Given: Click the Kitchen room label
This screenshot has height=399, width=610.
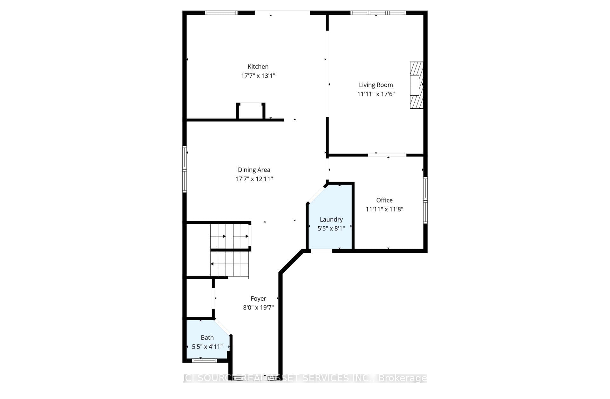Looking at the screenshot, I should point(258,67).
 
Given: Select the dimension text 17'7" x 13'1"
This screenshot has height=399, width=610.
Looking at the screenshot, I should point(258,76).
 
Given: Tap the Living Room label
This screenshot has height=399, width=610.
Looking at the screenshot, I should point(376,85).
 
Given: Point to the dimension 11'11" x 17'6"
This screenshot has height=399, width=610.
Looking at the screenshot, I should point(376,94).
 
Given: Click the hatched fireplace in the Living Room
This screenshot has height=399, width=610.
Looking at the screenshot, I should point(417,85).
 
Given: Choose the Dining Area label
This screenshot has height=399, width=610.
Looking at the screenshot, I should point(254,170).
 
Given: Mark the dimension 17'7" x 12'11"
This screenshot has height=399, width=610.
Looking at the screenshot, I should point(254,179).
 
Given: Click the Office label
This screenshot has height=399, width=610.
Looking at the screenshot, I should point(384,200).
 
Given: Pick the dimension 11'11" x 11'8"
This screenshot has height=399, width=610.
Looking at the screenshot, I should point(384,209).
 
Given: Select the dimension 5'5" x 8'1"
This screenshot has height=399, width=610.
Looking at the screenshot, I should point(331,229).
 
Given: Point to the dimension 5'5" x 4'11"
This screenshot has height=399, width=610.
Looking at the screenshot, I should point(207,347).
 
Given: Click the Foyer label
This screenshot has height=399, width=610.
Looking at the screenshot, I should point(258,299).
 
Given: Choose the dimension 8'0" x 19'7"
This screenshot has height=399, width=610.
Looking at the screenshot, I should point(258,308).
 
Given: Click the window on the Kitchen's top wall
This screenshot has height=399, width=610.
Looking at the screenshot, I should point(221,13).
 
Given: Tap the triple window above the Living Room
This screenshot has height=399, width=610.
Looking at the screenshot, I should point(378,13).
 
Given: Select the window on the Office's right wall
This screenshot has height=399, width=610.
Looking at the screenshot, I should point(425,200).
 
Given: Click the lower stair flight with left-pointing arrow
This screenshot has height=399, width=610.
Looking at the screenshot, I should point(229,264).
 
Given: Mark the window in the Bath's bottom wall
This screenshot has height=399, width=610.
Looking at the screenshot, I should point(205,360).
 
